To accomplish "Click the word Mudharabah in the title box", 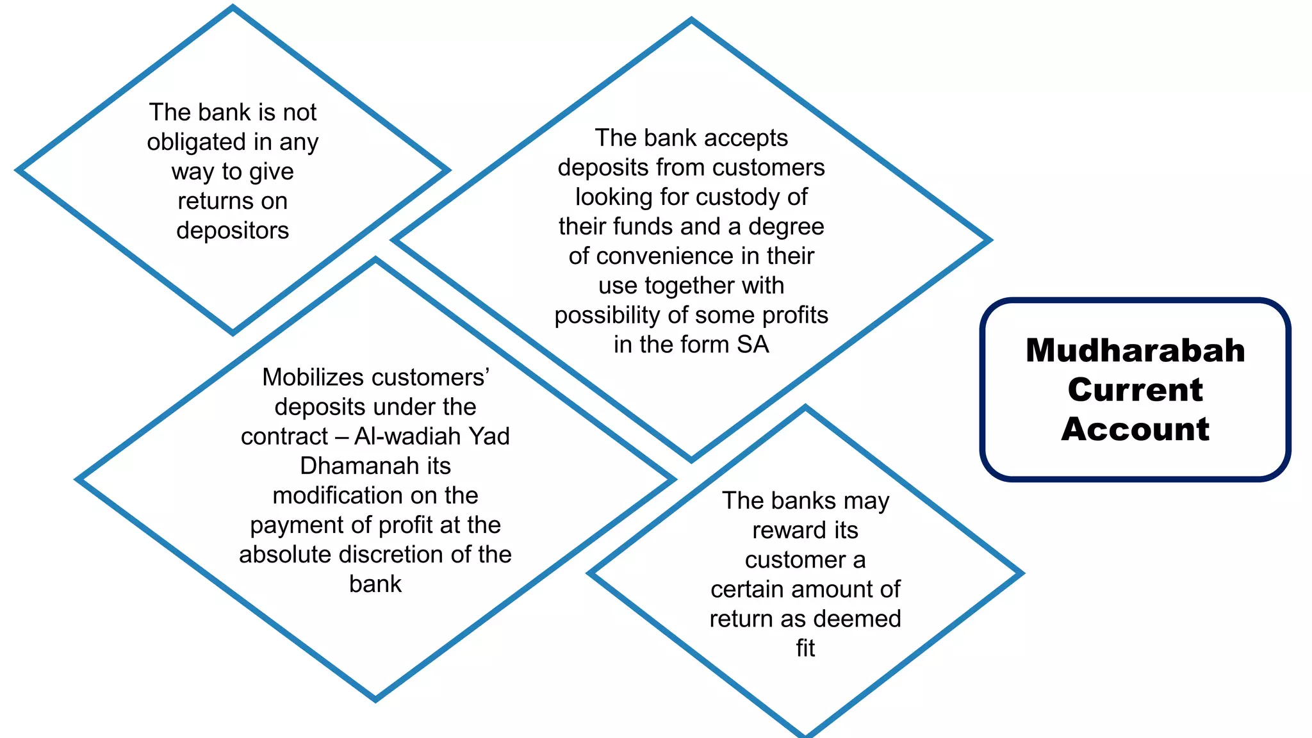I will (1135, 350).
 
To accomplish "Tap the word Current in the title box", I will (1135, 389).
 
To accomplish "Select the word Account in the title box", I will (1135, 429).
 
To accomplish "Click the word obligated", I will (195, 142).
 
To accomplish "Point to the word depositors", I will (233, 231).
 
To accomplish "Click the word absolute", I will (285, 554).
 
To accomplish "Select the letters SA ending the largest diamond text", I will (753, 345).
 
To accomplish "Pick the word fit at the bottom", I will (805, 648).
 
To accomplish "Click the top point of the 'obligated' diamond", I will (233, 8).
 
